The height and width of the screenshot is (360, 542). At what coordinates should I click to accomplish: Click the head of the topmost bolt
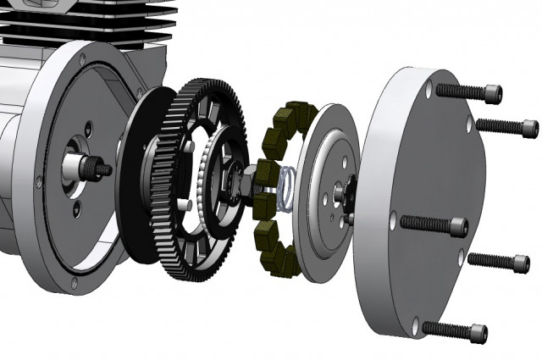[x=491, y=94]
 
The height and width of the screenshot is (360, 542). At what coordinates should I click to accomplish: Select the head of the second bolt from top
[x=528, y=129]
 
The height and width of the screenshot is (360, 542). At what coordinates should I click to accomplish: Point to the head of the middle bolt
[x=459, y=227]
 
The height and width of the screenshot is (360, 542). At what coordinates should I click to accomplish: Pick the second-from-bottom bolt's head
[x=520, y=263]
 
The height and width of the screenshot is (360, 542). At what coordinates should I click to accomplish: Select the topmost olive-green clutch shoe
[x=298, y=112]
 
